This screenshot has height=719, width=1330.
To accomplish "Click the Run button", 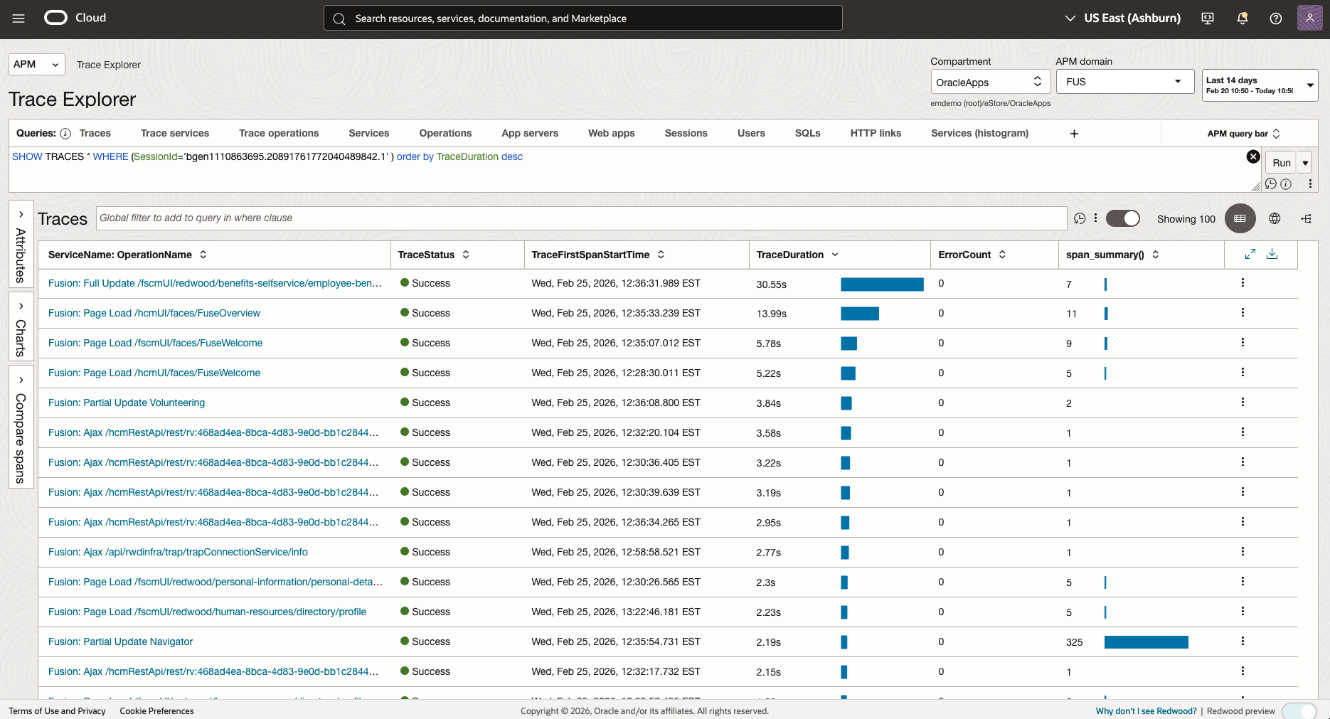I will pyautogui.click(x=1281, y=163).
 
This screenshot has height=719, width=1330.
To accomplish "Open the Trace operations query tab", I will pyautogui.click(x=279, y=133).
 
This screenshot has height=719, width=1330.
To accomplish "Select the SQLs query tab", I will pyautogui.click(x=807, y=133).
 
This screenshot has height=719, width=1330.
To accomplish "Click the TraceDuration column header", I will pyautogui.click(x=789, y=255).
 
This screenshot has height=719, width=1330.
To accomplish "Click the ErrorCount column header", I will pyautogui.click(x=964, y=255).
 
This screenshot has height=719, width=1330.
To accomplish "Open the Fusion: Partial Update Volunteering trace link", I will pyautogui.click(x=127, y=403).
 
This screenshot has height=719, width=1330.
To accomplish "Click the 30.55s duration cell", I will pyautogui.click(x=771, y=284).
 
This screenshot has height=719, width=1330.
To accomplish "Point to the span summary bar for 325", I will pyautogui.click(x=1146, y=642).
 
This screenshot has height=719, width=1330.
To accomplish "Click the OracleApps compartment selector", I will pyautogui.click(x=990, y=82).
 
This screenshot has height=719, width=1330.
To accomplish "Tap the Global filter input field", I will pyautogui.click(x=581, y=218).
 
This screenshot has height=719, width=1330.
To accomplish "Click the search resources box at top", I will pyautogui.click(x=583, y=18).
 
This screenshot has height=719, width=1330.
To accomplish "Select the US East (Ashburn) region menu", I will pyautogui.click(x=1122, y=18).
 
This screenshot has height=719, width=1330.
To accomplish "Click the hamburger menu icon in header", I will pyautogui.click(x=18, y=18).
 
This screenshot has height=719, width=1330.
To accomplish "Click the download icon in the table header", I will pyautogui.click(x=1272, y=254).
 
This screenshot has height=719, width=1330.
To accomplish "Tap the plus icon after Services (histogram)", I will pyautogui.click(x=1074, y=134).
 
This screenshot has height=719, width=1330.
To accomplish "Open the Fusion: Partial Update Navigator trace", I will pyautogui.click(x=121, y=641).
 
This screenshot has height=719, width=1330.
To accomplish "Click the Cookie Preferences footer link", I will pyautogui.click(x=156, y=711).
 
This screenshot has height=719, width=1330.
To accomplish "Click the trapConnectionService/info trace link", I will pyautogui.click(x=178, y=552).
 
